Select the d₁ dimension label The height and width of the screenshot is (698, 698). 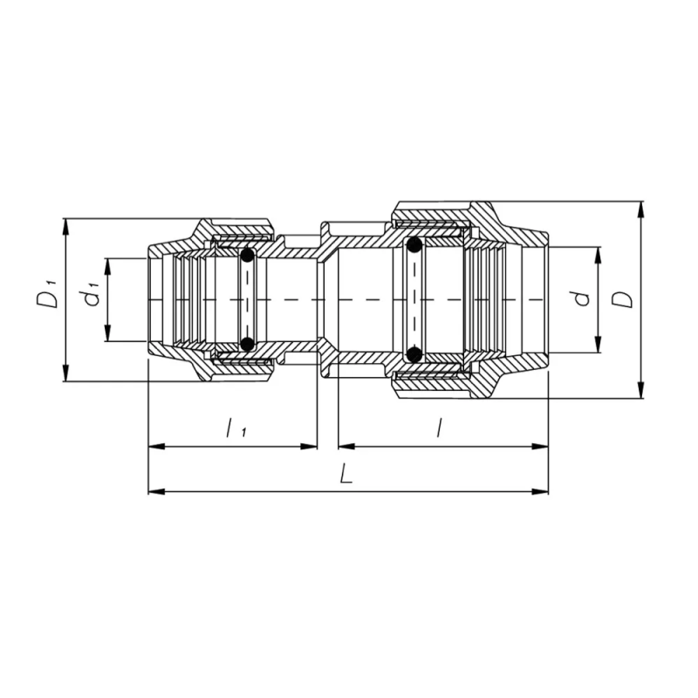point(90,296)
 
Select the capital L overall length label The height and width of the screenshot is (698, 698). point(346,475)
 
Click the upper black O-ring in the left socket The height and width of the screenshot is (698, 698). point(248,257)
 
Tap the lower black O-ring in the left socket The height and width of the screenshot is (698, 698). point(248,343)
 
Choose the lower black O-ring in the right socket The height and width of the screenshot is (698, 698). point(414,353)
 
